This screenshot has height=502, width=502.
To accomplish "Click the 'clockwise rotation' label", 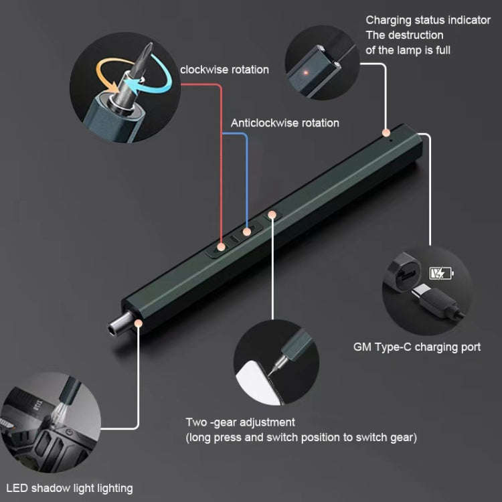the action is coord(224,70).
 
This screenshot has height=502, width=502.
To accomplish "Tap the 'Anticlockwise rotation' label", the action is coord(285,123).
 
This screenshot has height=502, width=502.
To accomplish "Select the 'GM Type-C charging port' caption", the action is coord(417,347).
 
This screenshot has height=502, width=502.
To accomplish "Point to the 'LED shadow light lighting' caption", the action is coord(70,488).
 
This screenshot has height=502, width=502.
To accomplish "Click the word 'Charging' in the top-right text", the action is coord(389,20).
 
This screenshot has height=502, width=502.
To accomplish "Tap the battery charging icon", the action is coord(442,273).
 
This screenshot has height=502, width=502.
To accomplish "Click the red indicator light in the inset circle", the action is coord(306,73).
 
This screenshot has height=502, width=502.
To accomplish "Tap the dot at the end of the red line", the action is coord(221,246).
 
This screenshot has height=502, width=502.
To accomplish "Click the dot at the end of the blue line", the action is coord(246,232).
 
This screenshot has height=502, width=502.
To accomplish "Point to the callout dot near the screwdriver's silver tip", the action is coord(139,323).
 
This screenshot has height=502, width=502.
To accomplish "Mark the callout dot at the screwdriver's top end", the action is coord(386,133).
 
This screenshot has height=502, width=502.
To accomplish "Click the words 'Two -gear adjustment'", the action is coord(240,422).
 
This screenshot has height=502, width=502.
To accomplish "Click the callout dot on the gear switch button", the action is coord(272,214).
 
